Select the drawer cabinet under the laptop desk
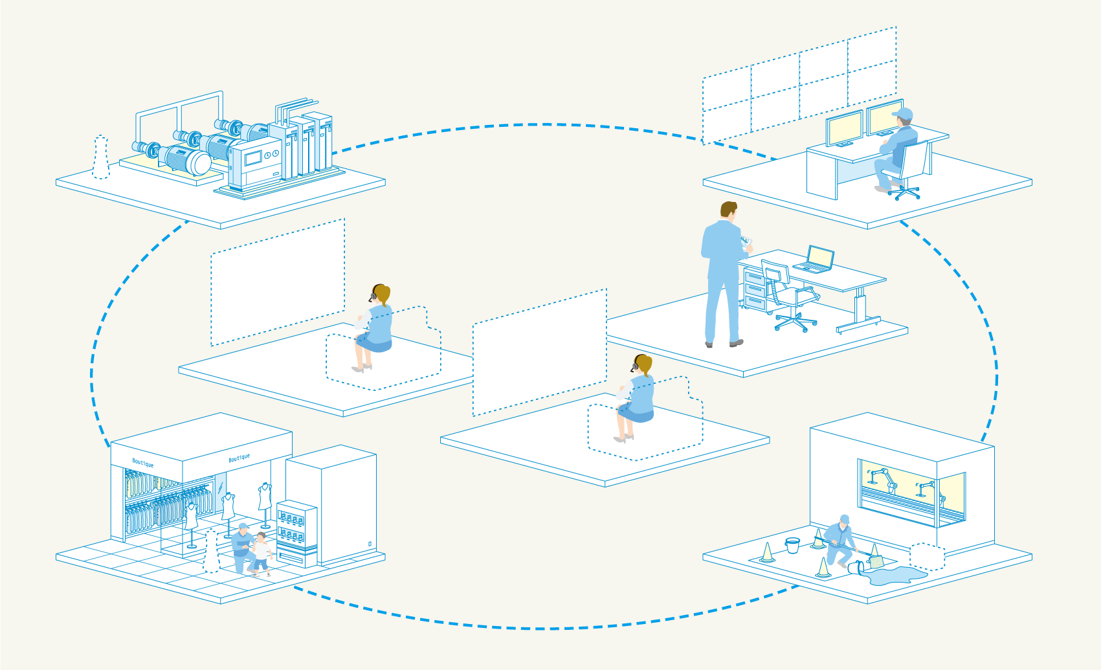tap(755, 289)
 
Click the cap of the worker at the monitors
tap(903, 115)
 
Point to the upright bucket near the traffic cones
tap(792, 545)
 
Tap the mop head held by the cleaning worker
tap(875, 561)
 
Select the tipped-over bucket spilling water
tap(856, 568)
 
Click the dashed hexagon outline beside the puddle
tap(927, 557)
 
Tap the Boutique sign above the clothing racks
tap(143, 463)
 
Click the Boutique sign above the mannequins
tap(239, 458)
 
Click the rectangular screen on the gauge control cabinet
tap(252, 157)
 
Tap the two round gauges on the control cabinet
tap(271, 155)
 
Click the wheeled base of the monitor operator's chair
tap(904, 192)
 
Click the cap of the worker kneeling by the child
tap(243, 526)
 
